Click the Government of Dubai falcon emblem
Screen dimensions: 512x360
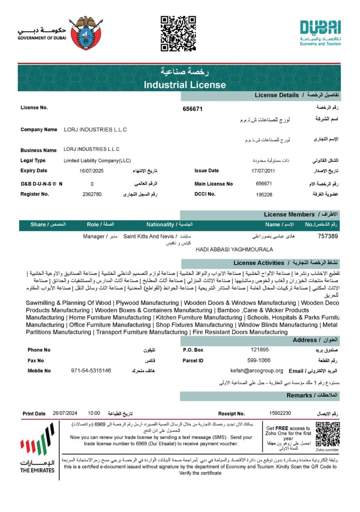(86, 33)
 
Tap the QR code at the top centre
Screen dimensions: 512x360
(178, 33)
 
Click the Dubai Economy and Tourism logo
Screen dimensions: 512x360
(321, 32)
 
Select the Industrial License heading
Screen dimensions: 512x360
(185, 85)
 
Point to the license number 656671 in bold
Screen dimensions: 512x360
(192, 109)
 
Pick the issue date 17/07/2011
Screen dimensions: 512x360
(263, 171)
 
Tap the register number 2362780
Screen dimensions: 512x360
(92, 194)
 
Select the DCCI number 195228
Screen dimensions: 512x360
(264, 194)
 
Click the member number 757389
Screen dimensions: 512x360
(328, 236)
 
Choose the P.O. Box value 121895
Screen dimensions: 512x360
(260, 349)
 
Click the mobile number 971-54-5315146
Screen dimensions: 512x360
(91, 371)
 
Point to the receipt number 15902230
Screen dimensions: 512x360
(280, 413)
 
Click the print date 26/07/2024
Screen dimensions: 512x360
(65, 413)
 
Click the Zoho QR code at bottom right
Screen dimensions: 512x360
(328, 434)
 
